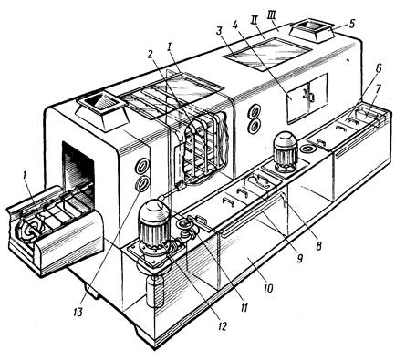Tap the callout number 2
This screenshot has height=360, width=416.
150,55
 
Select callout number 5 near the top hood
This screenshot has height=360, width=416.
351,24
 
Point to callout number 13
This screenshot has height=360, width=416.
78,312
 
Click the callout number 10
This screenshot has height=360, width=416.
268,288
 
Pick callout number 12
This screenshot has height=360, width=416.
222,326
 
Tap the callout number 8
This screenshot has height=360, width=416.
318,245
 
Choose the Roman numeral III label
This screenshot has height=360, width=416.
273,16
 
